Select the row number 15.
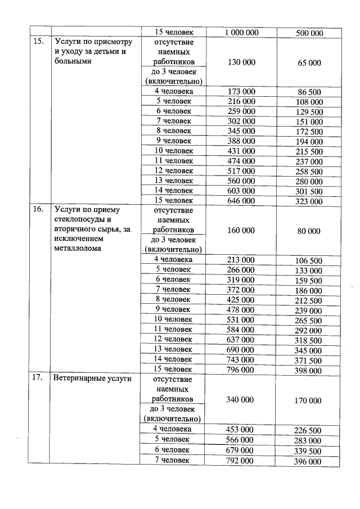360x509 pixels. (38, 42)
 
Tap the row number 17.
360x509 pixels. (38, 378)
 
